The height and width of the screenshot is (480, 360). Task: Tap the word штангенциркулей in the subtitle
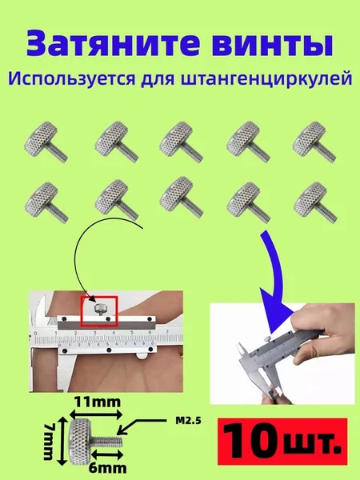266,79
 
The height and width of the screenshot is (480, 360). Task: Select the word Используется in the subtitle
72,78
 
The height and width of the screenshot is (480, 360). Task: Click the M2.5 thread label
188,421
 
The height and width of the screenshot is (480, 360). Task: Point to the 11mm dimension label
98,402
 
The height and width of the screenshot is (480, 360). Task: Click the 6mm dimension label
107,468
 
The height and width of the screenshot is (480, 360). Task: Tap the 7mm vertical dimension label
49,441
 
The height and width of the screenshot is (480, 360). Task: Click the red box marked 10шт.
282,441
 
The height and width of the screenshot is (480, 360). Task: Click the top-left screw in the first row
46,142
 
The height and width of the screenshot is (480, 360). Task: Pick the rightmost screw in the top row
314,142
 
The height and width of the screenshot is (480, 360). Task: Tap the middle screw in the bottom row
182,197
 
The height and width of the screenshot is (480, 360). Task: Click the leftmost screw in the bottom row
46,202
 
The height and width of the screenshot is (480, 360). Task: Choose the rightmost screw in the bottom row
315,202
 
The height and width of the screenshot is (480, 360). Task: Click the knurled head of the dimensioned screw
80,441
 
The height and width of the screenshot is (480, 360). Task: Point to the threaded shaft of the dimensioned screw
107,442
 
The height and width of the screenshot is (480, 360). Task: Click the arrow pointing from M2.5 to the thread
143,425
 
